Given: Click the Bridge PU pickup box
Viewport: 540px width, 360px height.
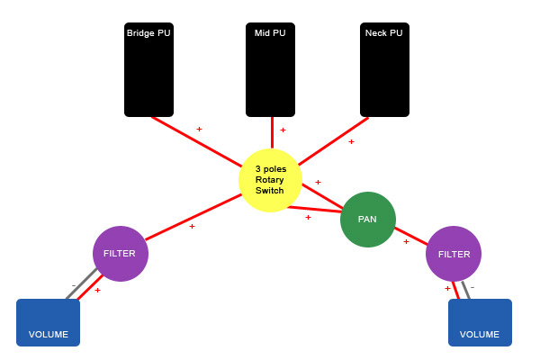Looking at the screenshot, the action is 148,69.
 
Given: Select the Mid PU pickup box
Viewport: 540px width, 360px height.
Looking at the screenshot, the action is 270,69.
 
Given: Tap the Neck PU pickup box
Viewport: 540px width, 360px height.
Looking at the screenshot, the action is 384,69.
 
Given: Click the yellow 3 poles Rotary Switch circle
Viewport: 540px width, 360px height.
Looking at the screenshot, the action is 270,180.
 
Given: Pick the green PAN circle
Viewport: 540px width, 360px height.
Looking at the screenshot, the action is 368,220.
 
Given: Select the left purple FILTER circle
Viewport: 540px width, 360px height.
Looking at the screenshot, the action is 121,254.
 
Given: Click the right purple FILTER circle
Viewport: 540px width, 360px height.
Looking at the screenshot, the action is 454,254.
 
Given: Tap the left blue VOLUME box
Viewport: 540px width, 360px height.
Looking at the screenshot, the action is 49,322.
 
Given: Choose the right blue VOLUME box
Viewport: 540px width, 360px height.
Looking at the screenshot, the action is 480,322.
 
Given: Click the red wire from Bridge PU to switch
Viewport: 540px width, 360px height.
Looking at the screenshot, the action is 196,142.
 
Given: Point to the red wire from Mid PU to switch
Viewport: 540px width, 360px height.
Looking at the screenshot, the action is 272,132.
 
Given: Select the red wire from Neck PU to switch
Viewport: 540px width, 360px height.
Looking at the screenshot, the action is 333,141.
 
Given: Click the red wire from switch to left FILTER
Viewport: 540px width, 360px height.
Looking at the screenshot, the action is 193,217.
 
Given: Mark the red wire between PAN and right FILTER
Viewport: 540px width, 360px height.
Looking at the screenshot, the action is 411,237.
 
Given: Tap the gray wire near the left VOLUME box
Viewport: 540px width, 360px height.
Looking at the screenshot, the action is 82,283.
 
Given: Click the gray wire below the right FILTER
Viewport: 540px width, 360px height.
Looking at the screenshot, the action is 466,290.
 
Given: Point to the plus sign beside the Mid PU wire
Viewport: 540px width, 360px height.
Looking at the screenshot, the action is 283,130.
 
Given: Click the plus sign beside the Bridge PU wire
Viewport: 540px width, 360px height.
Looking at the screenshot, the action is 199,129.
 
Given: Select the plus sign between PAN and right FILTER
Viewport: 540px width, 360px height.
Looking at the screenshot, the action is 407,241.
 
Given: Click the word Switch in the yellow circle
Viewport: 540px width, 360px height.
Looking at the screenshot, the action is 270,191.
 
